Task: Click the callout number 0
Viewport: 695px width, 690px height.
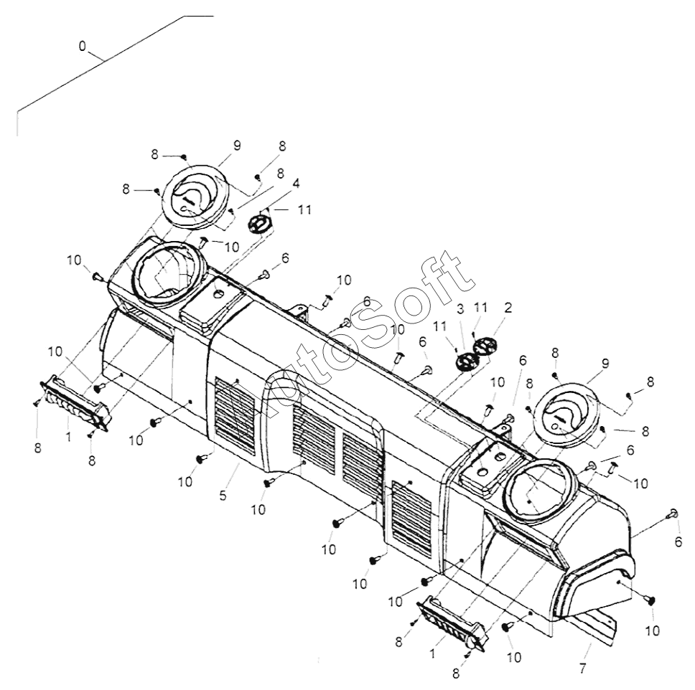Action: [x=82, y=46]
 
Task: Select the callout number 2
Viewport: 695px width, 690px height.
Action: [x=508, y=308]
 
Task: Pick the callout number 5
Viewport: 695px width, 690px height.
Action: [x=223, y=495]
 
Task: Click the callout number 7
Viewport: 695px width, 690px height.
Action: [x=582, y=668]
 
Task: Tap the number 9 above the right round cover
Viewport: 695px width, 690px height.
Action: [x=605, y=364]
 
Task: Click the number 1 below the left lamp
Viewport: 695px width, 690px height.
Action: [x=68, y=435]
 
